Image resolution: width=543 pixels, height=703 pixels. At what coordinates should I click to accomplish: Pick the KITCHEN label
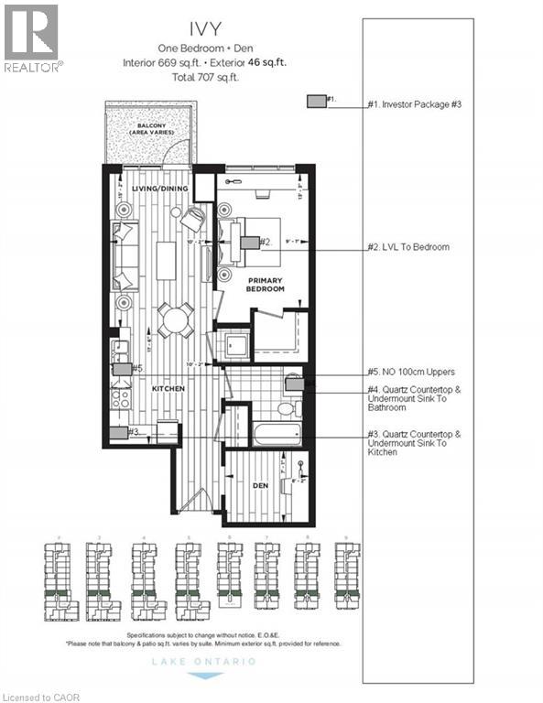tap(168, 389)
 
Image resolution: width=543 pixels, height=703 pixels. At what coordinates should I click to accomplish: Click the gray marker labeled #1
tap(316, 102)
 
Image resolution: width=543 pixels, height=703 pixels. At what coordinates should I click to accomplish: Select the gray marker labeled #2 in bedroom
tap(248, 243)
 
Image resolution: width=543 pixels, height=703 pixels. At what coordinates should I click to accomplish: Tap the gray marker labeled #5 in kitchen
tap(122, 369)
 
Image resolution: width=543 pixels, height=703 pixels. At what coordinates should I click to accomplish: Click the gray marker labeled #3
tap(117, 433)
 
